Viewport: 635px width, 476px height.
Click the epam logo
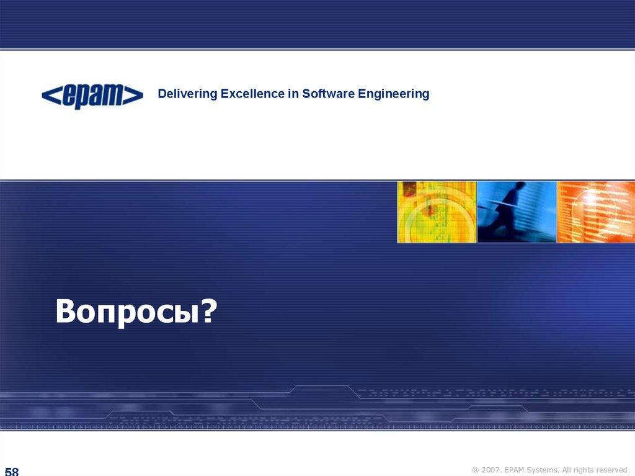click(x=92, y=96)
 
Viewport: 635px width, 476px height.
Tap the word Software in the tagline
click(x=329, y=94)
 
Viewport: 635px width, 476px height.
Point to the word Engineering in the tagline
click(x=394, y=94)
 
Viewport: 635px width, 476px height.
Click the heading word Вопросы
click(x=127, y=312)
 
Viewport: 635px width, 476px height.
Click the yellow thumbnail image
click(x=437, y=212)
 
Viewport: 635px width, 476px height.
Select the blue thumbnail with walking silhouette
click(x=517, y=212)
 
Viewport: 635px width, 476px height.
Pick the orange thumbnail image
click(x=596, y=212)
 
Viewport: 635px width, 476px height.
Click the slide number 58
click(x=12, y=472)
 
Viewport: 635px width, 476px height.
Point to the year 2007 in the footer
click(x=491, y=470)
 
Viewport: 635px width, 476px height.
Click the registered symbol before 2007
click(x=476, y=471)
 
